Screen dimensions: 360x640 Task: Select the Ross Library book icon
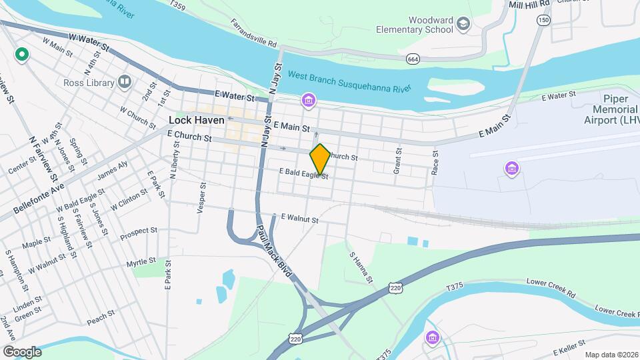(124, 81)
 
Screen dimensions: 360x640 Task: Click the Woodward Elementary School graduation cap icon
(463, 25)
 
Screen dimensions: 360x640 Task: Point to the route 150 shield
(544, 21)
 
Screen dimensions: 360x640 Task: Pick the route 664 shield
(413, 59)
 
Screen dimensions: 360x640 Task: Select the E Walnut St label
(300, 218)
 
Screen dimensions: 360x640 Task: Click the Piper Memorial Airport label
(617, 109)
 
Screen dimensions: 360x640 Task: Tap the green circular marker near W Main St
(21, 54)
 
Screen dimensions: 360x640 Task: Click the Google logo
(22, 351)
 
